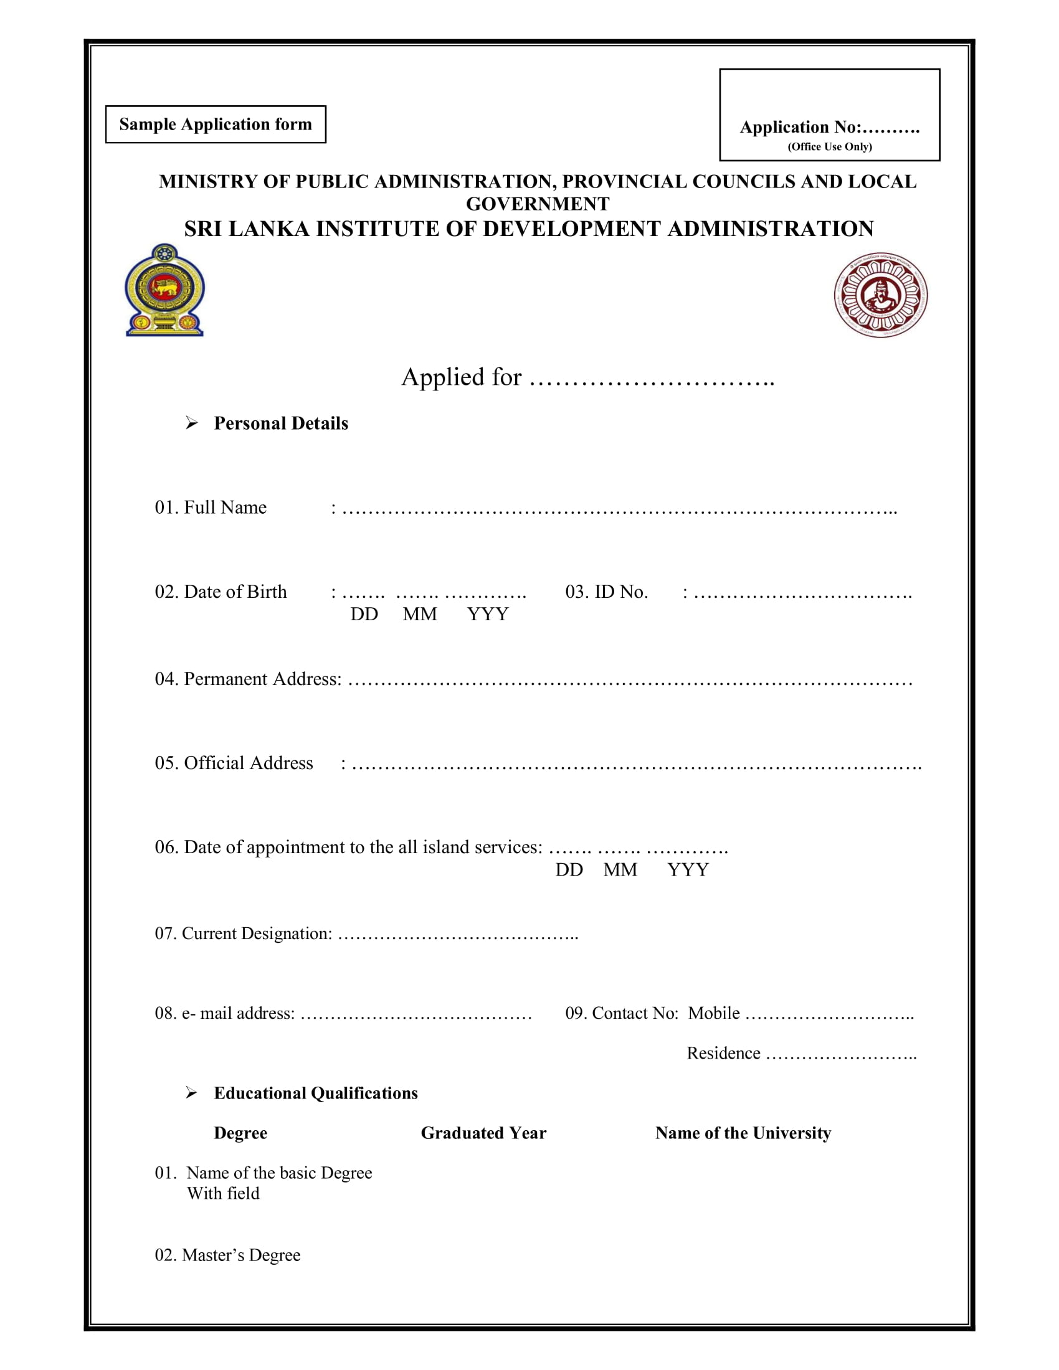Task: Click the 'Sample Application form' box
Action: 215,124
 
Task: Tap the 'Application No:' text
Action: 800,127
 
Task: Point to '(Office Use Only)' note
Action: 829,147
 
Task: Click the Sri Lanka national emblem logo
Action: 165,290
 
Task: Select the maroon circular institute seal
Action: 880,295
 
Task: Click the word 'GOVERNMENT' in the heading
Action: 537,204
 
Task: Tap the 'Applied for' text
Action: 461,377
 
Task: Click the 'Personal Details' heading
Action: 280,423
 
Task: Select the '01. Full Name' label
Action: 211,508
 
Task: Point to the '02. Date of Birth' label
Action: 221,592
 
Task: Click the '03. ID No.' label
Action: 606,592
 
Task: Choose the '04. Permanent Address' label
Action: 249,679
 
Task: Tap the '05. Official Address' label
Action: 234,763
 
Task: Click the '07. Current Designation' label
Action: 244,933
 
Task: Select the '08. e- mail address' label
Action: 225,1013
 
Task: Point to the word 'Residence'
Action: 723,1053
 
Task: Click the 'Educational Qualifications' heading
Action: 316,1094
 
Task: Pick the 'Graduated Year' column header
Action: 483,1133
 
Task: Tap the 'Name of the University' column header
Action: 743,1133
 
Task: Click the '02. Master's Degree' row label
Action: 228,1255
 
